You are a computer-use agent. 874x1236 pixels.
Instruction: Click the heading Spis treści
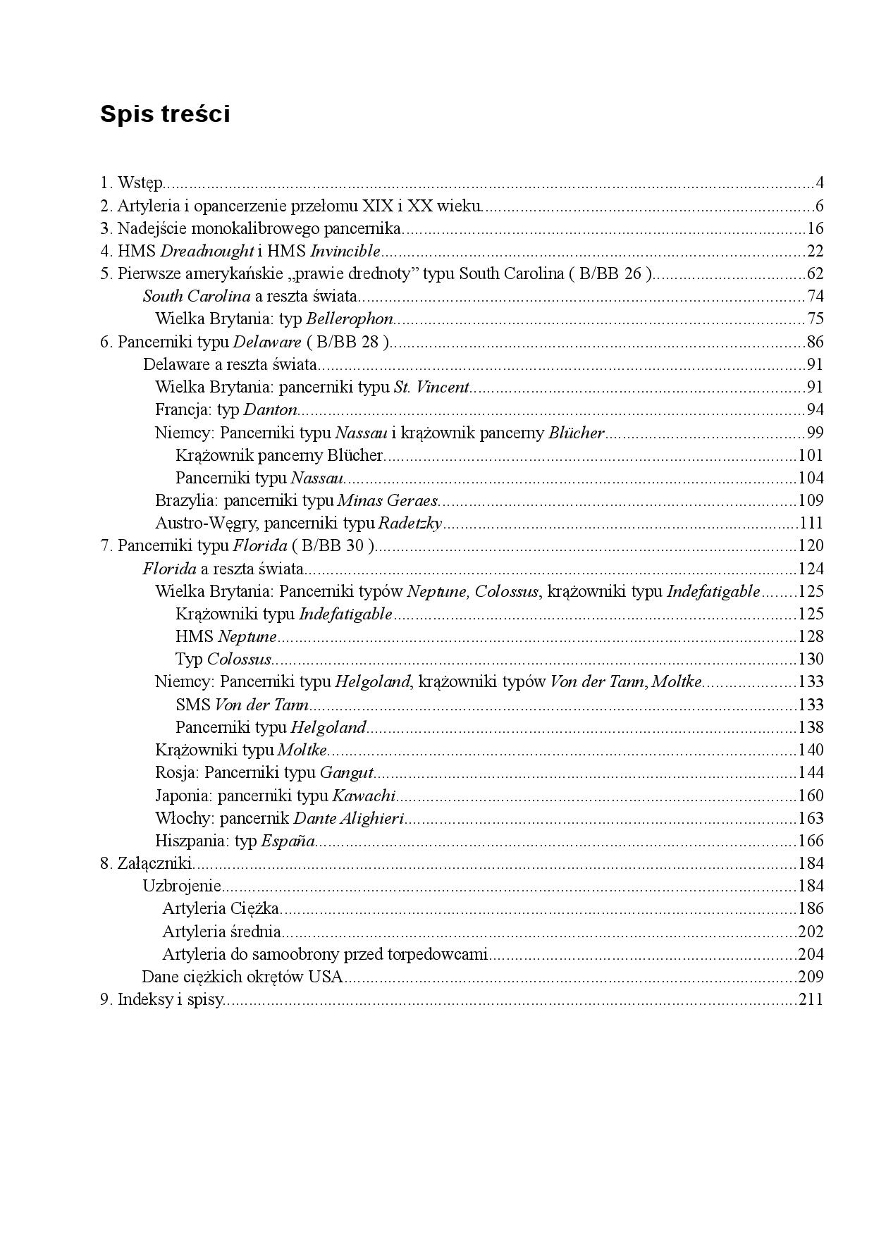click(x=165, y=113)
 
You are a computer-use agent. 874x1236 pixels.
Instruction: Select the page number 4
click(x=820, y=184)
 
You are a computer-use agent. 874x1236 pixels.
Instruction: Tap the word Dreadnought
click(x=207, y=252)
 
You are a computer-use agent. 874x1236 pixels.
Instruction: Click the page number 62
click(x=815, y=274)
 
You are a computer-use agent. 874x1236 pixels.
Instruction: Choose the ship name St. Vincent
click(x=431, y=388)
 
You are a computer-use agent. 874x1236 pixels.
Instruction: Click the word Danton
click(x=270, y=410)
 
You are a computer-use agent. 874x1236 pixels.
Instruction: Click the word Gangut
click(x=346, y=773)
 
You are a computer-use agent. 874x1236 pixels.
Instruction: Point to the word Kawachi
click(x=364, y=796)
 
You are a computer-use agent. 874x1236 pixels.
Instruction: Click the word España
click(x=288, y=841)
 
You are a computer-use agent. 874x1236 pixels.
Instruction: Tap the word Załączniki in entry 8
click(x=155, y=864)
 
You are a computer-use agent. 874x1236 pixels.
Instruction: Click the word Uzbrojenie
click(x=182, y=886)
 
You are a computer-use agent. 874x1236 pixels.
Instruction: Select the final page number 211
click(x=811, y=1000)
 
